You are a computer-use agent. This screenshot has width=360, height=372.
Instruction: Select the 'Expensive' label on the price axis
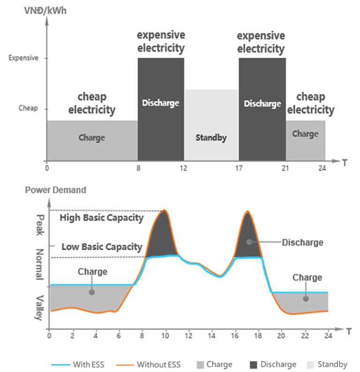(23, 58)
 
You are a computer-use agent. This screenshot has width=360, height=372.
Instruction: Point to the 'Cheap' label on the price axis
(28, 108)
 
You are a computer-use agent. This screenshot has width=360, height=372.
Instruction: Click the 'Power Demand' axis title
(55, 190)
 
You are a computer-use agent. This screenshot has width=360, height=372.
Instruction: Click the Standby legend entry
(327, 364)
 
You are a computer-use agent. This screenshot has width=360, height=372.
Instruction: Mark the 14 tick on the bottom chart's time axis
(212, 335)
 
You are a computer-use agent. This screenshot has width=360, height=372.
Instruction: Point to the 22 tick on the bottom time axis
(305, 335)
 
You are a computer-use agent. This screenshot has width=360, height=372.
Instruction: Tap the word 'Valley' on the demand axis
(40, 307)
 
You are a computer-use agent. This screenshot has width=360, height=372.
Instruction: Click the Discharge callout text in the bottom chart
(302, 242)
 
